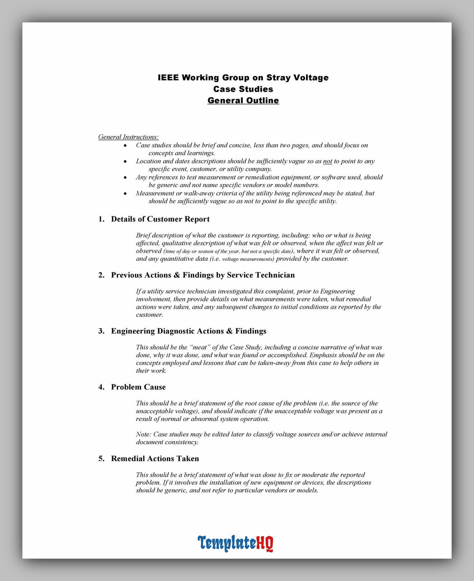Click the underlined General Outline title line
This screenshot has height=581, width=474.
[x=243, y=100]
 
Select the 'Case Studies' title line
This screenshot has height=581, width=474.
[x=243, y=89]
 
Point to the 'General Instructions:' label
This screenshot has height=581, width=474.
[x=128, y=137]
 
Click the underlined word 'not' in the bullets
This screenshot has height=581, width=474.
[x=327, y=161]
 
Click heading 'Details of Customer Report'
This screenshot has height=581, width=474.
[x=160, y=219]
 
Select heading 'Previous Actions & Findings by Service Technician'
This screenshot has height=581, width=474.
[x=203, y=275]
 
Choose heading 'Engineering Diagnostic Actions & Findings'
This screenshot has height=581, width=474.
[x=188, y=331]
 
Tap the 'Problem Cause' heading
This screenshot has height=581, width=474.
[x=138, y=387]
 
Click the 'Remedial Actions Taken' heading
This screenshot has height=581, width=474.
[x=155, y=459]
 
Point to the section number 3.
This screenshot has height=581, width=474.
[x=101, y=331]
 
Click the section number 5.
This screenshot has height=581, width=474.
[x=101, y=459]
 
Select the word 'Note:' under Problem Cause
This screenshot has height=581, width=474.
[x=144, y=434]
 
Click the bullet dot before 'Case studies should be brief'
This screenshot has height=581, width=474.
[x=125, y=146]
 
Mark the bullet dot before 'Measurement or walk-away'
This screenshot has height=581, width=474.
[x=125, y=194]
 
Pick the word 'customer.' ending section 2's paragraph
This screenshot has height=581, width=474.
[x=149, y=315]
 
